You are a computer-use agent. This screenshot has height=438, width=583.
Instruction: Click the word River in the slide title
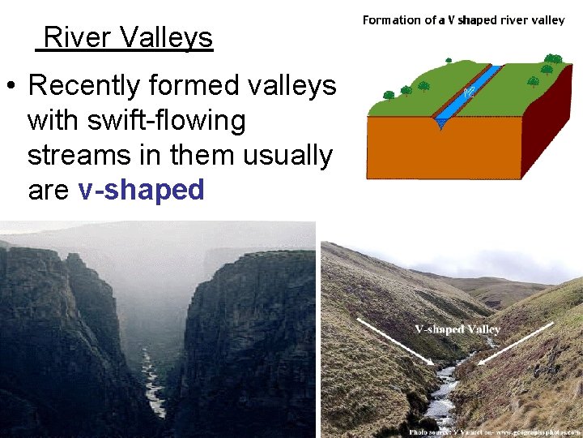coord(77,37)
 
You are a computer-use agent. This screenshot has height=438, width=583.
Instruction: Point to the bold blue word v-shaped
coord(142,190)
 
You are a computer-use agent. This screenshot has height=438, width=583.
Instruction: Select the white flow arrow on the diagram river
coord(469,94)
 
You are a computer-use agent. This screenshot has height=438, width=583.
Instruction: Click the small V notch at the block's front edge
coord(440,123)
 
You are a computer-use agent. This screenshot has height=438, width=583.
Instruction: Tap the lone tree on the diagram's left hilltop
coord(389,95)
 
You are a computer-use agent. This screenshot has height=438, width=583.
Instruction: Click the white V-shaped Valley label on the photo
coord(457,330)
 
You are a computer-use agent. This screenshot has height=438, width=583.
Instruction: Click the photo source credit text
coord(494,432)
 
